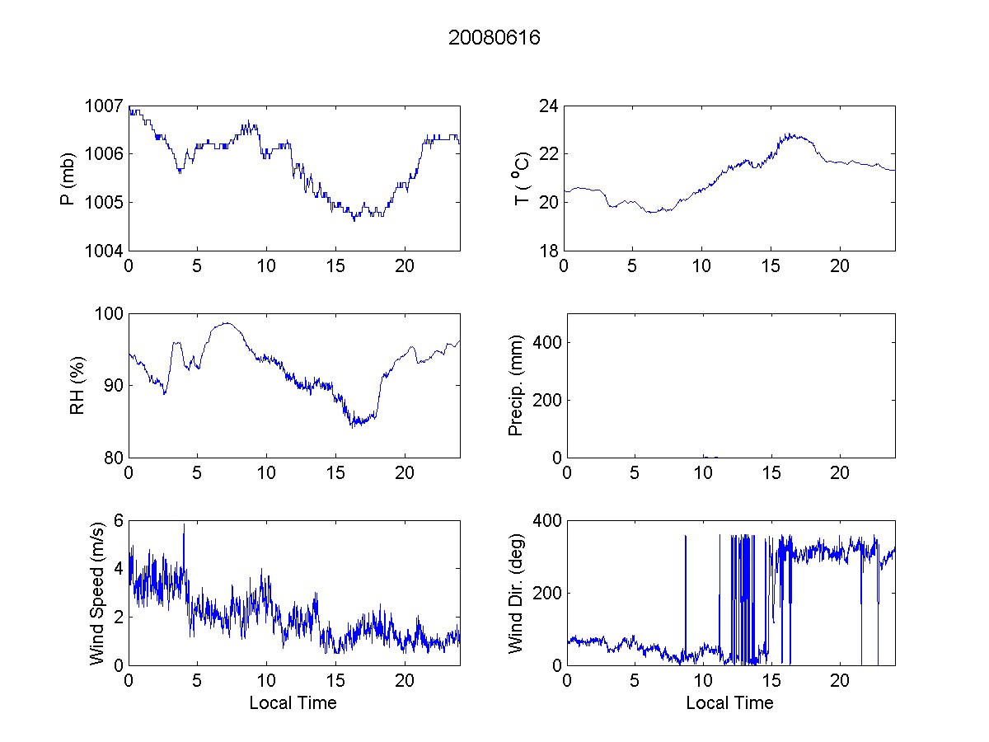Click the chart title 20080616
coord(494,38)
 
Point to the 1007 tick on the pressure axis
coord(105,106)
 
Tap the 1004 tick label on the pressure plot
coord(105,251)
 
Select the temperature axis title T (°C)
coord(521,178)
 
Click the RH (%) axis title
coord(77,386)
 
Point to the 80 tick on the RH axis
coord(114,458)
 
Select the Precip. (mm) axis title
coord(517,386)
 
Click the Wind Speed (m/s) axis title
coord(97,592)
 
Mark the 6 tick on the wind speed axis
coord(119,521)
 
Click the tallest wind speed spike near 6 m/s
coord(184,526)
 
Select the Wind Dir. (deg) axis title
coord(517,592)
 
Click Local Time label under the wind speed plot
coord(293,703)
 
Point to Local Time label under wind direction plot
coord(729,703)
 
